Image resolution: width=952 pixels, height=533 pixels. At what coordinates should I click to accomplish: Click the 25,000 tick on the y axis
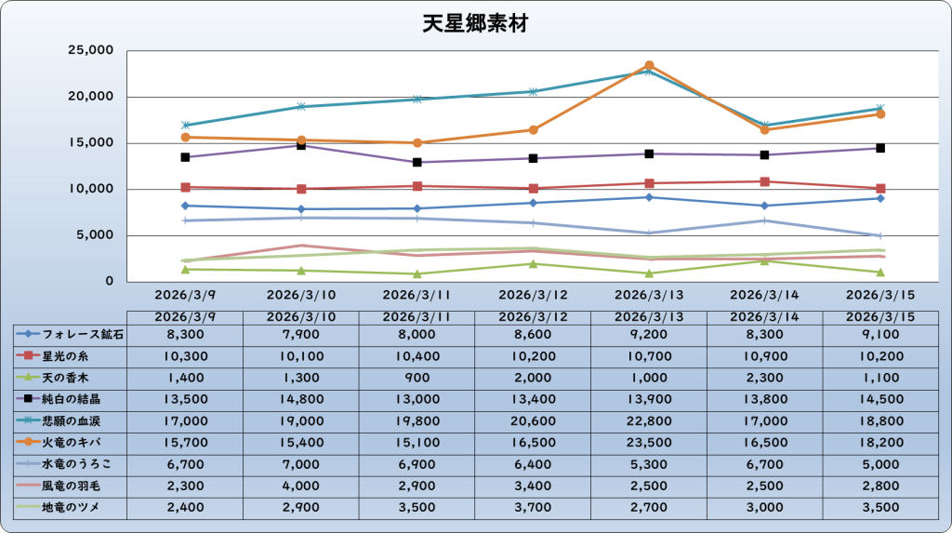pyautogui.click(x=91, y=50)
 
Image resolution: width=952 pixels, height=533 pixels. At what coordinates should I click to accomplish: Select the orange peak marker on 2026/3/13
pyautogui.click(x=649, y=66)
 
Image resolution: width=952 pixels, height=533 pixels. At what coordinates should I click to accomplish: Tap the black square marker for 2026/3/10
pyautogui.click(x=301, y=145)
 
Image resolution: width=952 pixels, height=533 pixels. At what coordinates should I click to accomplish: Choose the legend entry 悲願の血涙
pyautogui.click(x=70, y=420)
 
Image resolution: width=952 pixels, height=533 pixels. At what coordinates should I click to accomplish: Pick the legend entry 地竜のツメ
pyautogui.click(x=70, y=507)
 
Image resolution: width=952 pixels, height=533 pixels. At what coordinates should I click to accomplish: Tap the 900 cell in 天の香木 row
pyautogui.click(x=416, y=377)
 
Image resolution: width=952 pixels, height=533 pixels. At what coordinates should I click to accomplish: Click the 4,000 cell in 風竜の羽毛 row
pyautogui.click(x=301, y=486)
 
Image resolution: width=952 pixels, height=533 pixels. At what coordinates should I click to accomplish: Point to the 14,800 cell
pyautogui.click(x=301, y=398)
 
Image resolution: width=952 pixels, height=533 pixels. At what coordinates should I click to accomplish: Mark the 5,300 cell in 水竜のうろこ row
pyautogui.click(x=649, y=463)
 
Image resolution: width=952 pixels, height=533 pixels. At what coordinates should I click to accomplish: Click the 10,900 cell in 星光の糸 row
pyautogui.click(x=764, y=355)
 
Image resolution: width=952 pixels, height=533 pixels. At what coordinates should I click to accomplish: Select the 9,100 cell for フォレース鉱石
pyautogui.click(x=879, y=333)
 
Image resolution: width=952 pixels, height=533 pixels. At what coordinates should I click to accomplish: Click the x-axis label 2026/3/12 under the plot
pyautogui.click(x=533, y=295)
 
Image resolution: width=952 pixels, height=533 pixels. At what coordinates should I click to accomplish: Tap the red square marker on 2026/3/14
pyautogui.click(x=764, y=181)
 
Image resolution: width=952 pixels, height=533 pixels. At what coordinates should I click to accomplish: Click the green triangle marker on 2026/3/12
pyautogui.click(x=533, y=263)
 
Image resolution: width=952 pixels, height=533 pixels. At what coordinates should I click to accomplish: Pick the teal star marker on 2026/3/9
pyautogui.click(x=186, y=125)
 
